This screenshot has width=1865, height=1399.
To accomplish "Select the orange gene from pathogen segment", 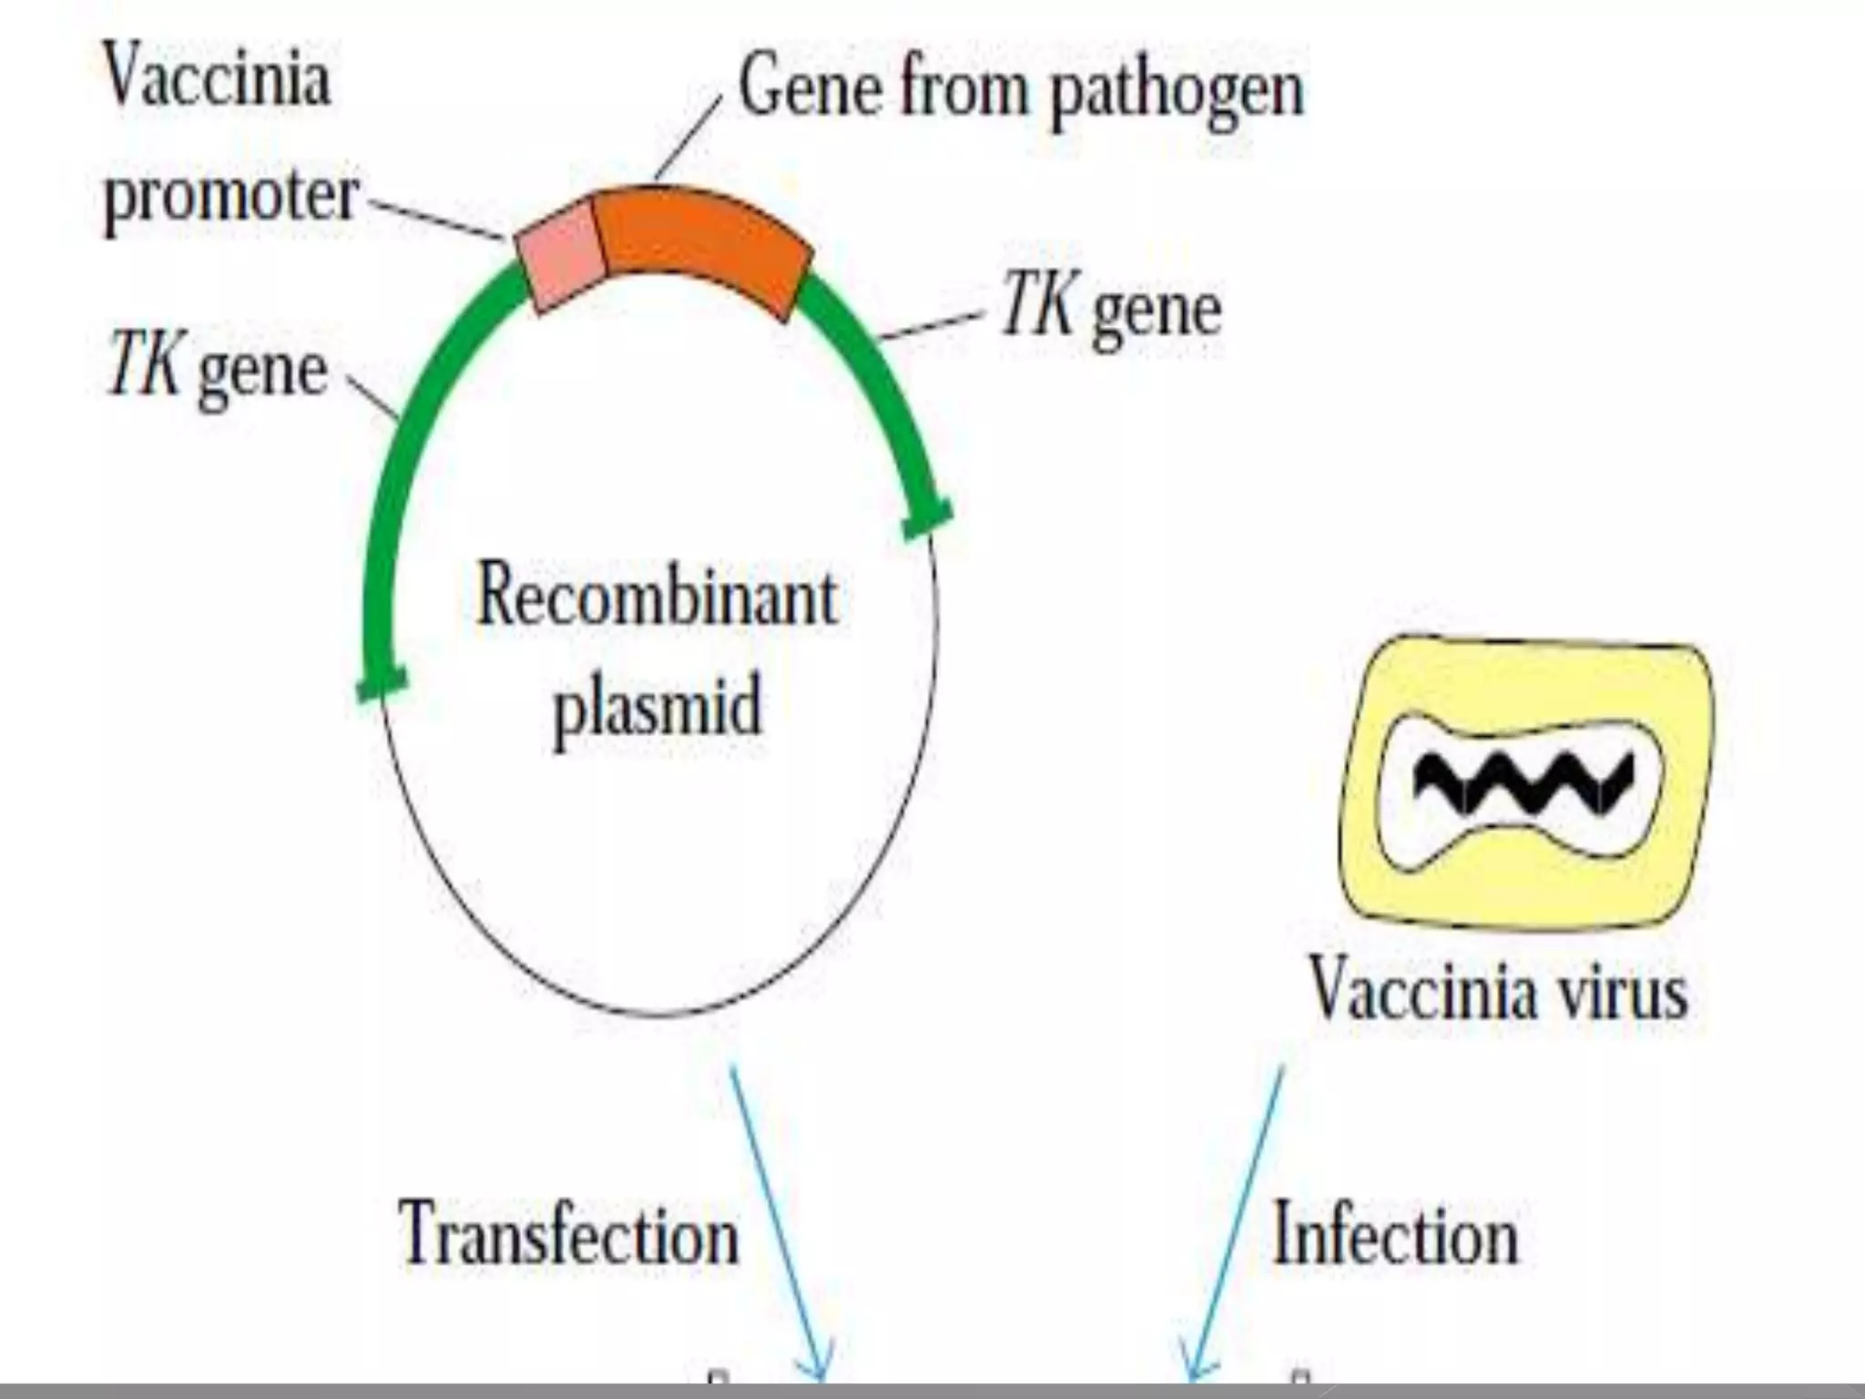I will (x=701, y=241).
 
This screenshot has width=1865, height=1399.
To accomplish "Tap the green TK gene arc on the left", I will (x=401, y=455).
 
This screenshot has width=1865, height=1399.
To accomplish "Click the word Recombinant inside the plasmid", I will (x=656, y=597).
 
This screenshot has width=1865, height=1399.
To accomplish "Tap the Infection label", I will (x=1395, y=1234).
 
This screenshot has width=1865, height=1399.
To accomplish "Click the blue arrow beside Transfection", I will (x=779, y=1220).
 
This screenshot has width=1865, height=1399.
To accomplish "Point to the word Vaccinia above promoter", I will (x=217, y=77).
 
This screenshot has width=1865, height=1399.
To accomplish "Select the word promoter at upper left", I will (x=231, y=196).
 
